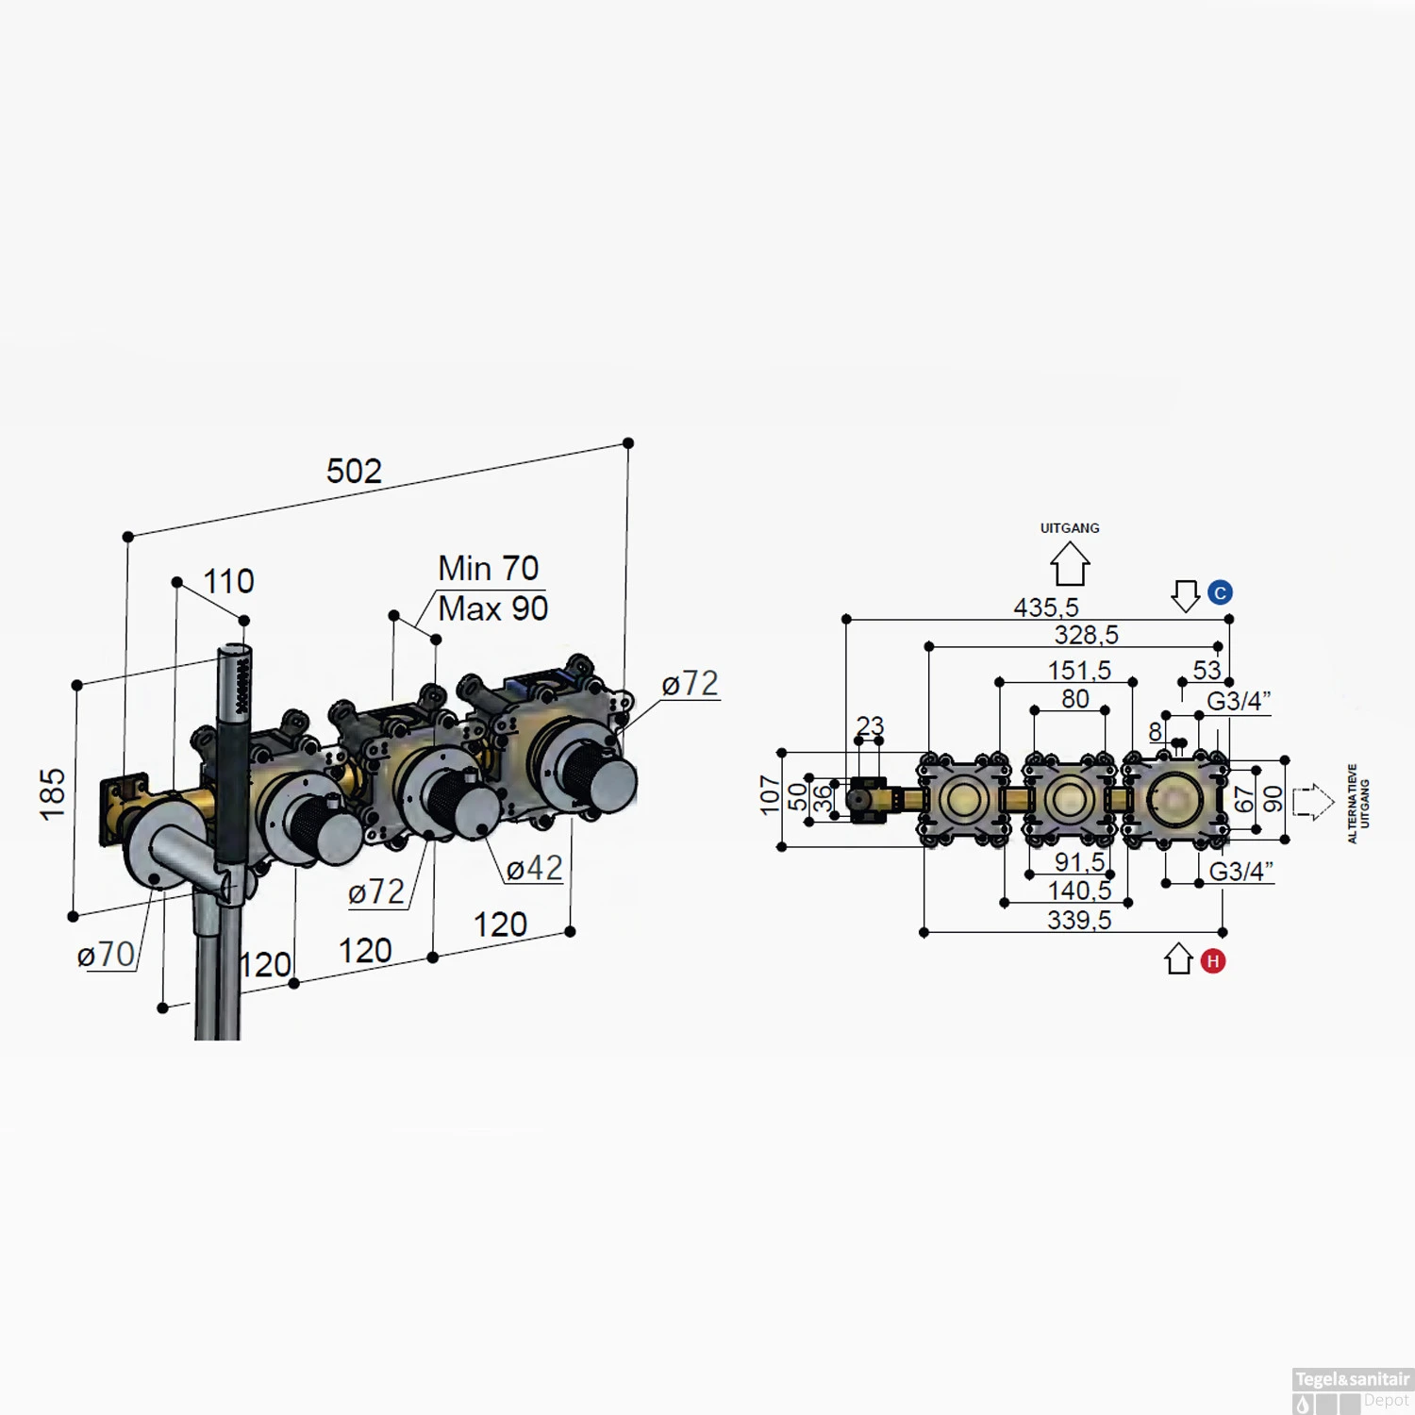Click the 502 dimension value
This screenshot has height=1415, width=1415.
pos(354,471)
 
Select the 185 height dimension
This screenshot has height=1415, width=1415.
pos(53,793)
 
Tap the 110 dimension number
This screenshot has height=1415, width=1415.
pos(228,581)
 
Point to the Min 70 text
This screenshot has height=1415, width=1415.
pos(488,569)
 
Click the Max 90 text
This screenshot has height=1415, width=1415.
pos(492,609)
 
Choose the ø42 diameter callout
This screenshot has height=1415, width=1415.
pos(534,868)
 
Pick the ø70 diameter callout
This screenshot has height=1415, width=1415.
pos(106,955)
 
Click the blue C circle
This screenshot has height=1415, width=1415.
pos(1220,592)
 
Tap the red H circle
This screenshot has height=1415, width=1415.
pos(1213,961)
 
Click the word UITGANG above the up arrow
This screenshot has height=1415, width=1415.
pos(1070,528)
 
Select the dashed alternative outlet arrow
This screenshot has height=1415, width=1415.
pos(1312,802)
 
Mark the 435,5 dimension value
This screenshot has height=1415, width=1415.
pos(1045,608)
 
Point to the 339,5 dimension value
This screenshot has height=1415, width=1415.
pos(1079,920)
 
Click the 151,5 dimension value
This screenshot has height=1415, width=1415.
pos(1079,671)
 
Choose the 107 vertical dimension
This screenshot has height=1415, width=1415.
pos(770,795)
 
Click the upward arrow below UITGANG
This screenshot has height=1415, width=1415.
pos(1070,564)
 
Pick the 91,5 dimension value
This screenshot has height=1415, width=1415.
pos(1079,862)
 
